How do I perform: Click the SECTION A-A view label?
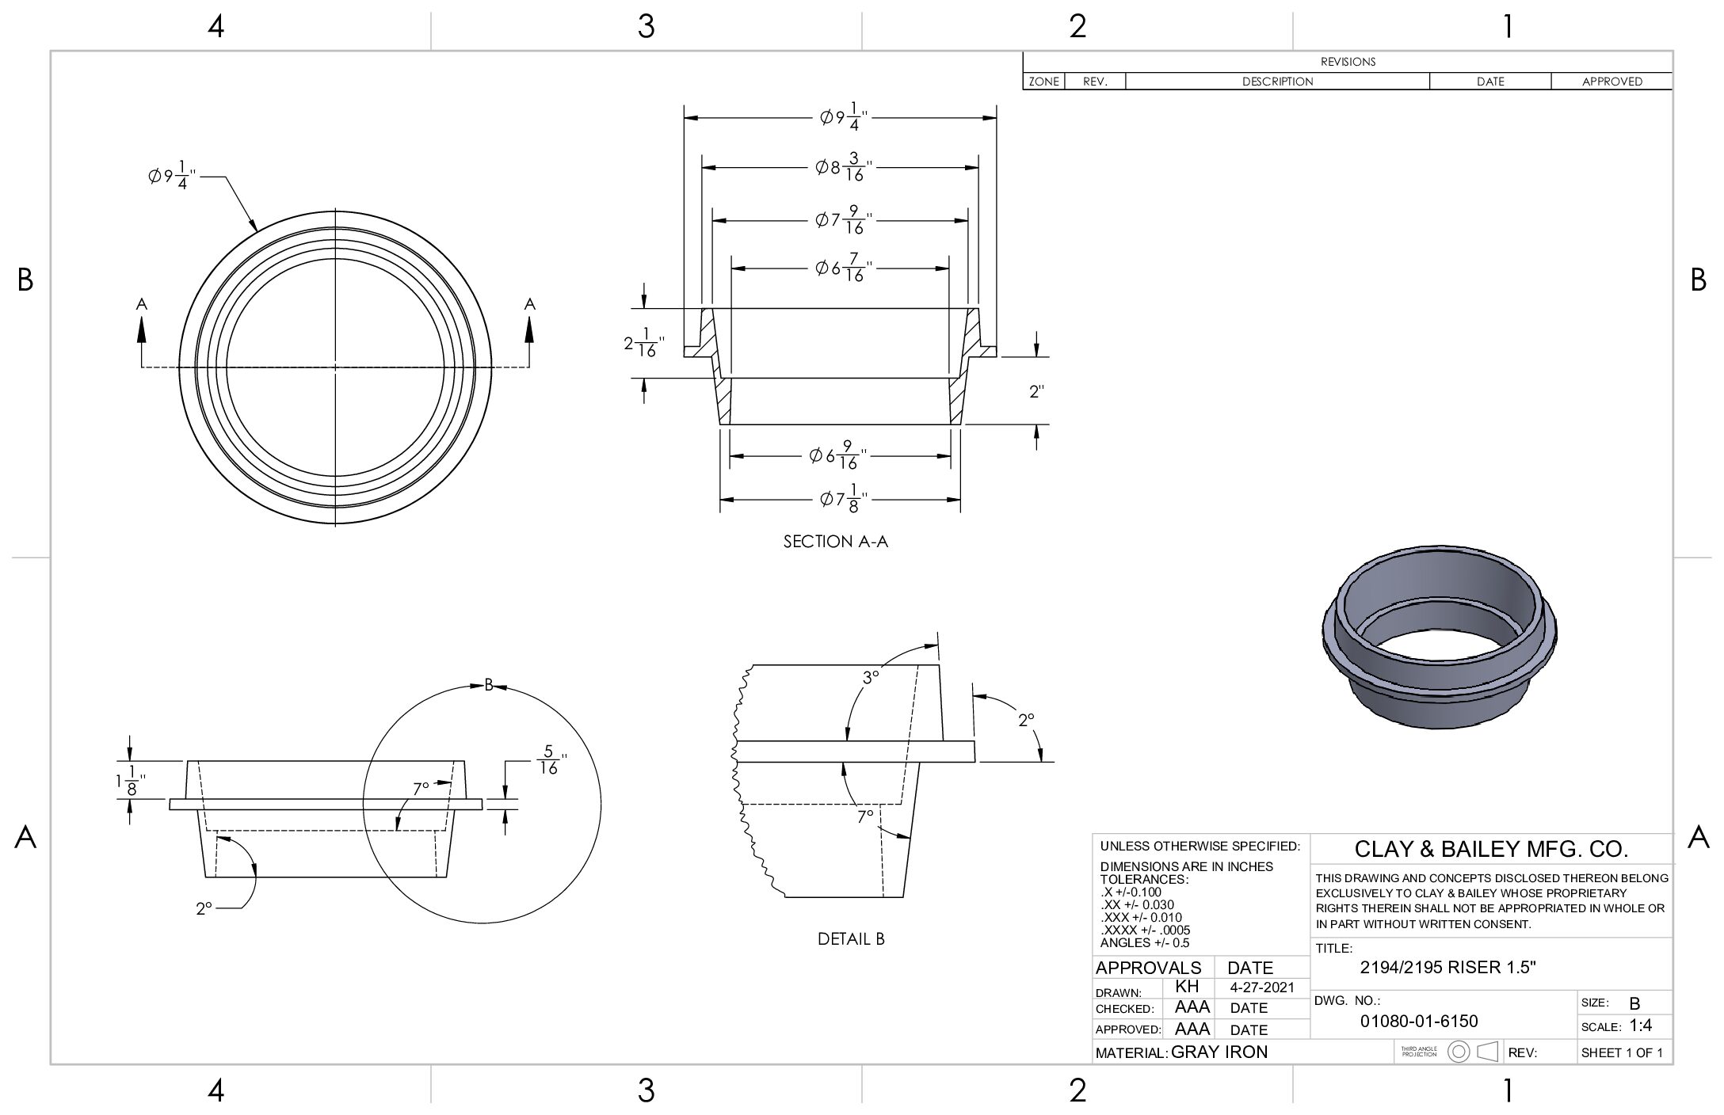coord(836,542)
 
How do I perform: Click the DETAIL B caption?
coord(851,939)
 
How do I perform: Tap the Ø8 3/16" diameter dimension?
coord(845,168)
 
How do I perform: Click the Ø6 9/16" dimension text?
coord(838,455)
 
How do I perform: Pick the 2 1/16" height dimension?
coord(643,344)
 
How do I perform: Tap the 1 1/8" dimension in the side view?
coord(128,782)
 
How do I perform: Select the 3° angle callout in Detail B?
coord(871,678)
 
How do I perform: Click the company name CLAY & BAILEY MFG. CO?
coord(1491,850)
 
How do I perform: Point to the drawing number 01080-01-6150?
coord(1419,1022)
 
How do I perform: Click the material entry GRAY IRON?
coord(1219,1052)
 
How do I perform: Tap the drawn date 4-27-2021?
coord(1262,988)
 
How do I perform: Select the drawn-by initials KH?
coord(1187,987)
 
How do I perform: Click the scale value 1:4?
coord(1641,1026)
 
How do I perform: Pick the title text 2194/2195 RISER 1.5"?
coord(1447,967)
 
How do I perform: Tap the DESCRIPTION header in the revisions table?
coord(1277,82)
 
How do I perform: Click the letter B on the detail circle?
coord(489,685)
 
